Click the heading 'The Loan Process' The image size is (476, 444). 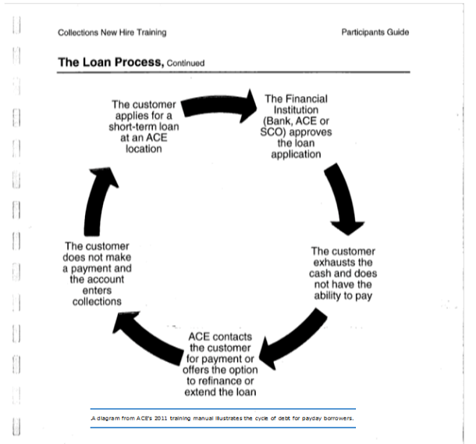pyautogui.click(x=111, y=63)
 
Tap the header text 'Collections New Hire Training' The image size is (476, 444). pyautogui.click(x=112, y=33)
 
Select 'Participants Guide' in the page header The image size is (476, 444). pyautogui.click(x=375, y=32)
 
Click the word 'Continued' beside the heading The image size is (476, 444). pyautogui.click(x=186, y=63)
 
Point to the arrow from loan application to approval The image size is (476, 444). pyautogui.click(x=218, y=106)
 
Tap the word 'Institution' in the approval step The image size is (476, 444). pyautogui.click(x=296, y=109)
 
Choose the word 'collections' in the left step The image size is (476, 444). pyautogui.click(x=97, y=302)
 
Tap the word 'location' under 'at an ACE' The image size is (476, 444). pyautogui.click(x=144, y=149)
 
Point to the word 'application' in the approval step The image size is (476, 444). pyautogui.click(x=296, y=155)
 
